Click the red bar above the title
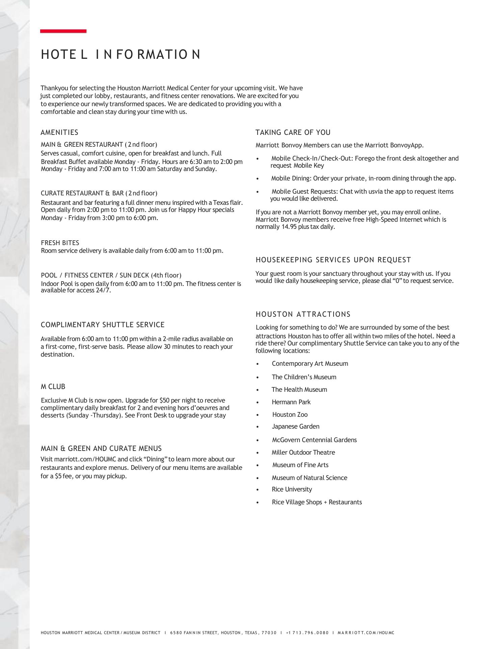(63, 31)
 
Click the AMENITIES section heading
(59, 133)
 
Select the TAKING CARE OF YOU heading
(293, 133)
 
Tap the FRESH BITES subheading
(60, 243)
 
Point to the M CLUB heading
(53, 386)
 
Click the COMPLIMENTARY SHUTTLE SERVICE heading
(103, 325)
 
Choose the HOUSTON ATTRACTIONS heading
(303, 314)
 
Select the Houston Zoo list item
(290, 414)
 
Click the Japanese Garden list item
(295, 427)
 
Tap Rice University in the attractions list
(292, 489)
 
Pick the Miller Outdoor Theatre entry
(303, 452)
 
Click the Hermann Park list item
(291, 402)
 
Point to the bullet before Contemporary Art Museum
(258, 364)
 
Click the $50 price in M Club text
(164, 400)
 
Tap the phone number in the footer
(307, 633)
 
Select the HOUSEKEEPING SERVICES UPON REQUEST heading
(333, 260)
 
